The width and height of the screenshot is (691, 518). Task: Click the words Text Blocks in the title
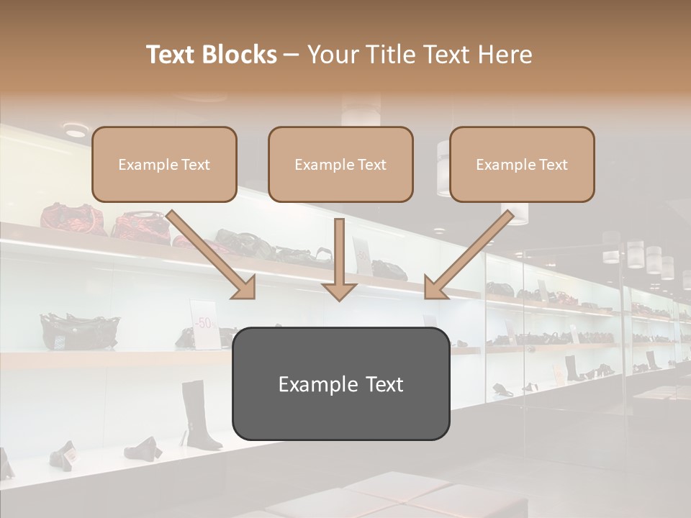(211, 55)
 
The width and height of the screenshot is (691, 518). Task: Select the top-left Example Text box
(164, 164)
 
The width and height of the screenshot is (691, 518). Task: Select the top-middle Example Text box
(340, 164)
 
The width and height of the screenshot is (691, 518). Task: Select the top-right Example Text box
(522, 164)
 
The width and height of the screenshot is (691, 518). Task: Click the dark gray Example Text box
(340, 383)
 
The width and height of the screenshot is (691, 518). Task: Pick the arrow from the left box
(212, 255)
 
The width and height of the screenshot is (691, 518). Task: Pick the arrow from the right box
(468, 255)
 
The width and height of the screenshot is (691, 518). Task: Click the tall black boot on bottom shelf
(198, 416)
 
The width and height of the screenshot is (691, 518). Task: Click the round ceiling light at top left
(75, 130)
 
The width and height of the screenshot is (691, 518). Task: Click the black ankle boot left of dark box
(142, 448)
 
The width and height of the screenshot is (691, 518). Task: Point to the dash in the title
(292, 55)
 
